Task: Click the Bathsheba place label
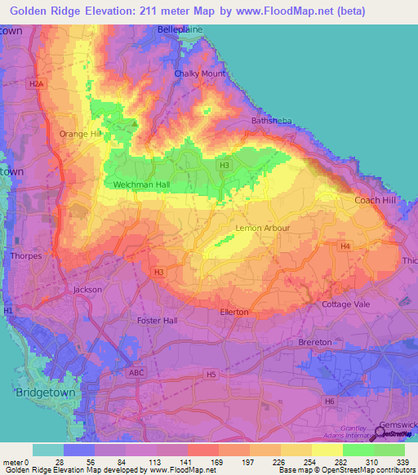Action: (x=270, y=121)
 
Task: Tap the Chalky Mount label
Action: (x=200, y=73)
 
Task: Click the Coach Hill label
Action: (x=374, y=200)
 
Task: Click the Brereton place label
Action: (x=315, y=342)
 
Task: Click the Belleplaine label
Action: (x=180, y=29)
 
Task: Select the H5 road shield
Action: (x=211, y=375)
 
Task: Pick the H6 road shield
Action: (x=330, y=402)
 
